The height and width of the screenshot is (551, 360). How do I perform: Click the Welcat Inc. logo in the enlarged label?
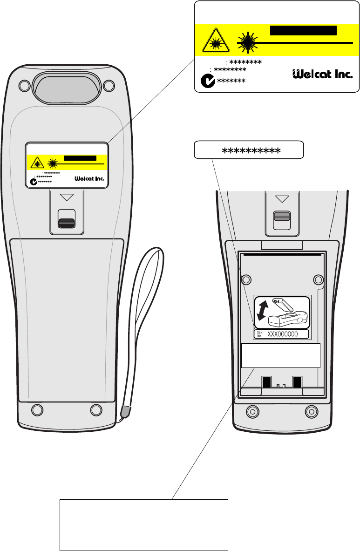click(322, 74)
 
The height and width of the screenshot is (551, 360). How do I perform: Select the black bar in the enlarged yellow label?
click(303, 31)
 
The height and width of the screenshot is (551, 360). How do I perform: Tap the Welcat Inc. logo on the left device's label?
click(89, 178)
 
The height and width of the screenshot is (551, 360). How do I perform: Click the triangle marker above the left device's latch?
click(67, 197)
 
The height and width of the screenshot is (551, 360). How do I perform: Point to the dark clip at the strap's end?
click(125, 411)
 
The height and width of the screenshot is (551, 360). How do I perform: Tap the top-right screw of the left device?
click(109, 86)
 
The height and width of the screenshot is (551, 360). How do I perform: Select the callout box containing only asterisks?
click(248, 150)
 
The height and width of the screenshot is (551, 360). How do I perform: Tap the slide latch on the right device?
click(281, 216)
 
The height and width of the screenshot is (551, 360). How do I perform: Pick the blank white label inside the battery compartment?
click(281, 356)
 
